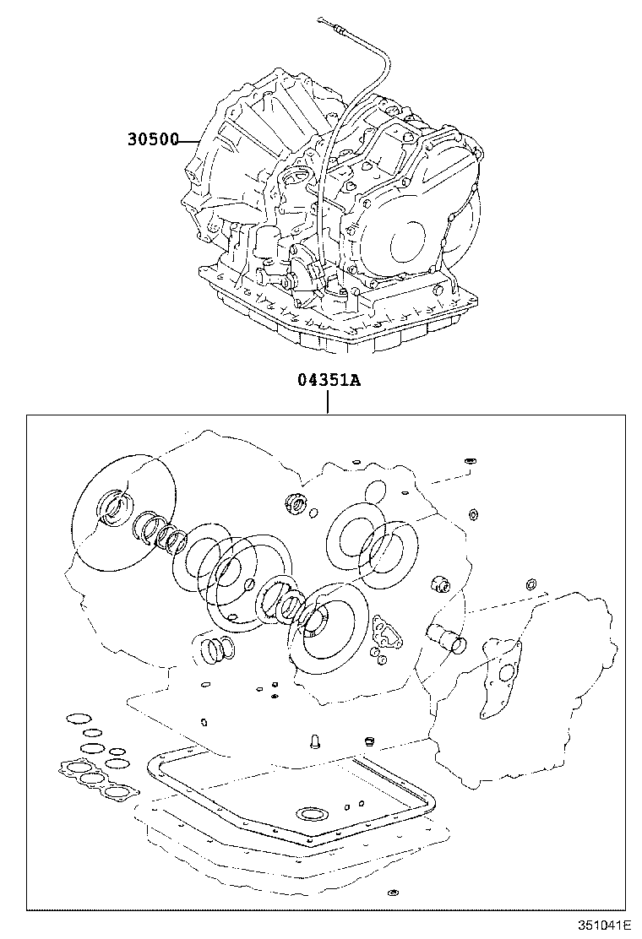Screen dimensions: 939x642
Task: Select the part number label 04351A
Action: [328, 379]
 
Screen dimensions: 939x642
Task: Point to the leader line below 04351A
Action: [328, 402]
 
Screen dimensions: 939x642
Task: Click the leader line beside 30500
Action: [190, 140]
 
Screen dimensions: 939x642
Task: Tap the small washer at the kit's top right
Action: [470, 461]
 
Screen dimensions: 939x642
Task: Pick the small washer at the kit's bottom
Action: [393, 893]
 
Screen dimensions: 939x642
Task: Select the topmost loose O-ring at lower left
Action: [77, 719]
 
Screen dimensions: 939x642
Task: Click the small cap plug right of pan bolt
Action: [368, 741]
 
